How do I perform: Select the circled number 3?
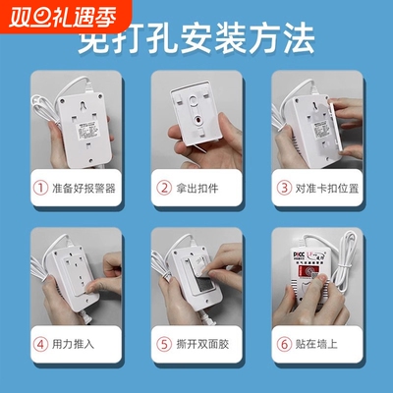pos(286,186)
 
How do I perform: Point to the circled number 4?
pos(40,345)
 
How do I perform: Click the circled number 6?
pos(286,345)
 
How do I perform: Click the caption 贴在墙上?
pos(318,345)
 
